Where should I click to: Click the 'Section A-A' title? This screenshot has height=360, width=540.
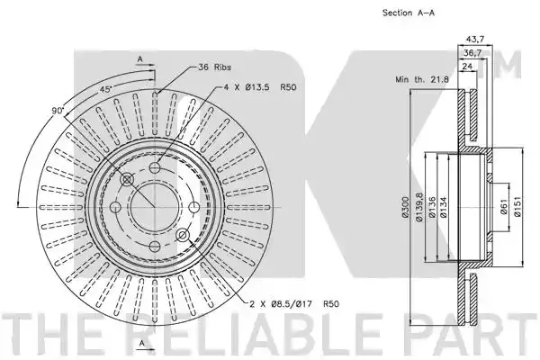click(x=409, y=13)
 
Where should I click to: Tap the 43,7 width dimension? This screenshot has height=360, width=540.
click(x=475, y=40)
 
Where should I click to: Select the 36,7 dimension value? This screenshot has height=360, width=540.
click(x=472, y=53)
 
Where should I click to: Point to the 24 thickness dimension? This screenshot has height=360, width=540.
click(x=467, y=66)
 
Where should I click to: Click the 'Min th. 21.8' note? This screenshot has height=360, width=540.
click(x=422, y=79)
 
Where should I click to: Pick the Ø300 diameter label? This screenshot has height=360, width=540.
click(x=405, y=207)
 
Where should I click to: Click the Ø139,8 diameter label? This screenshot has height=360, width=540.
click(x=418, y=207)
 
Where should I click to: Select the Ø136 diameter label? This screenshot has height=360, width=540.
click(x=433, y=207)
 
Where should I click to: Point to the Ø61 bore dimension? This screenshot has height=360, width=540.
click(x=504, y=207)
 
